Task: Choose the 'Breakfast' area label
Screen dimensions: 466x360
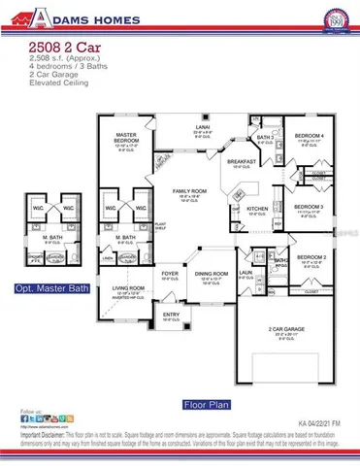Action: click(x=241, y=162)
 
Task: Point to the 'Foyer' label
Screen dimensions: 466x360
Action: click(x=170, y=274)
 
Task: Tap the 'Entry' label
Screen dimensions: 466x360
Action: click(x=171, y=314)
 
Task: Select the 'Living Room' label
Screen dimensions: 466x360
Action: click(x=128, y=288)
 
